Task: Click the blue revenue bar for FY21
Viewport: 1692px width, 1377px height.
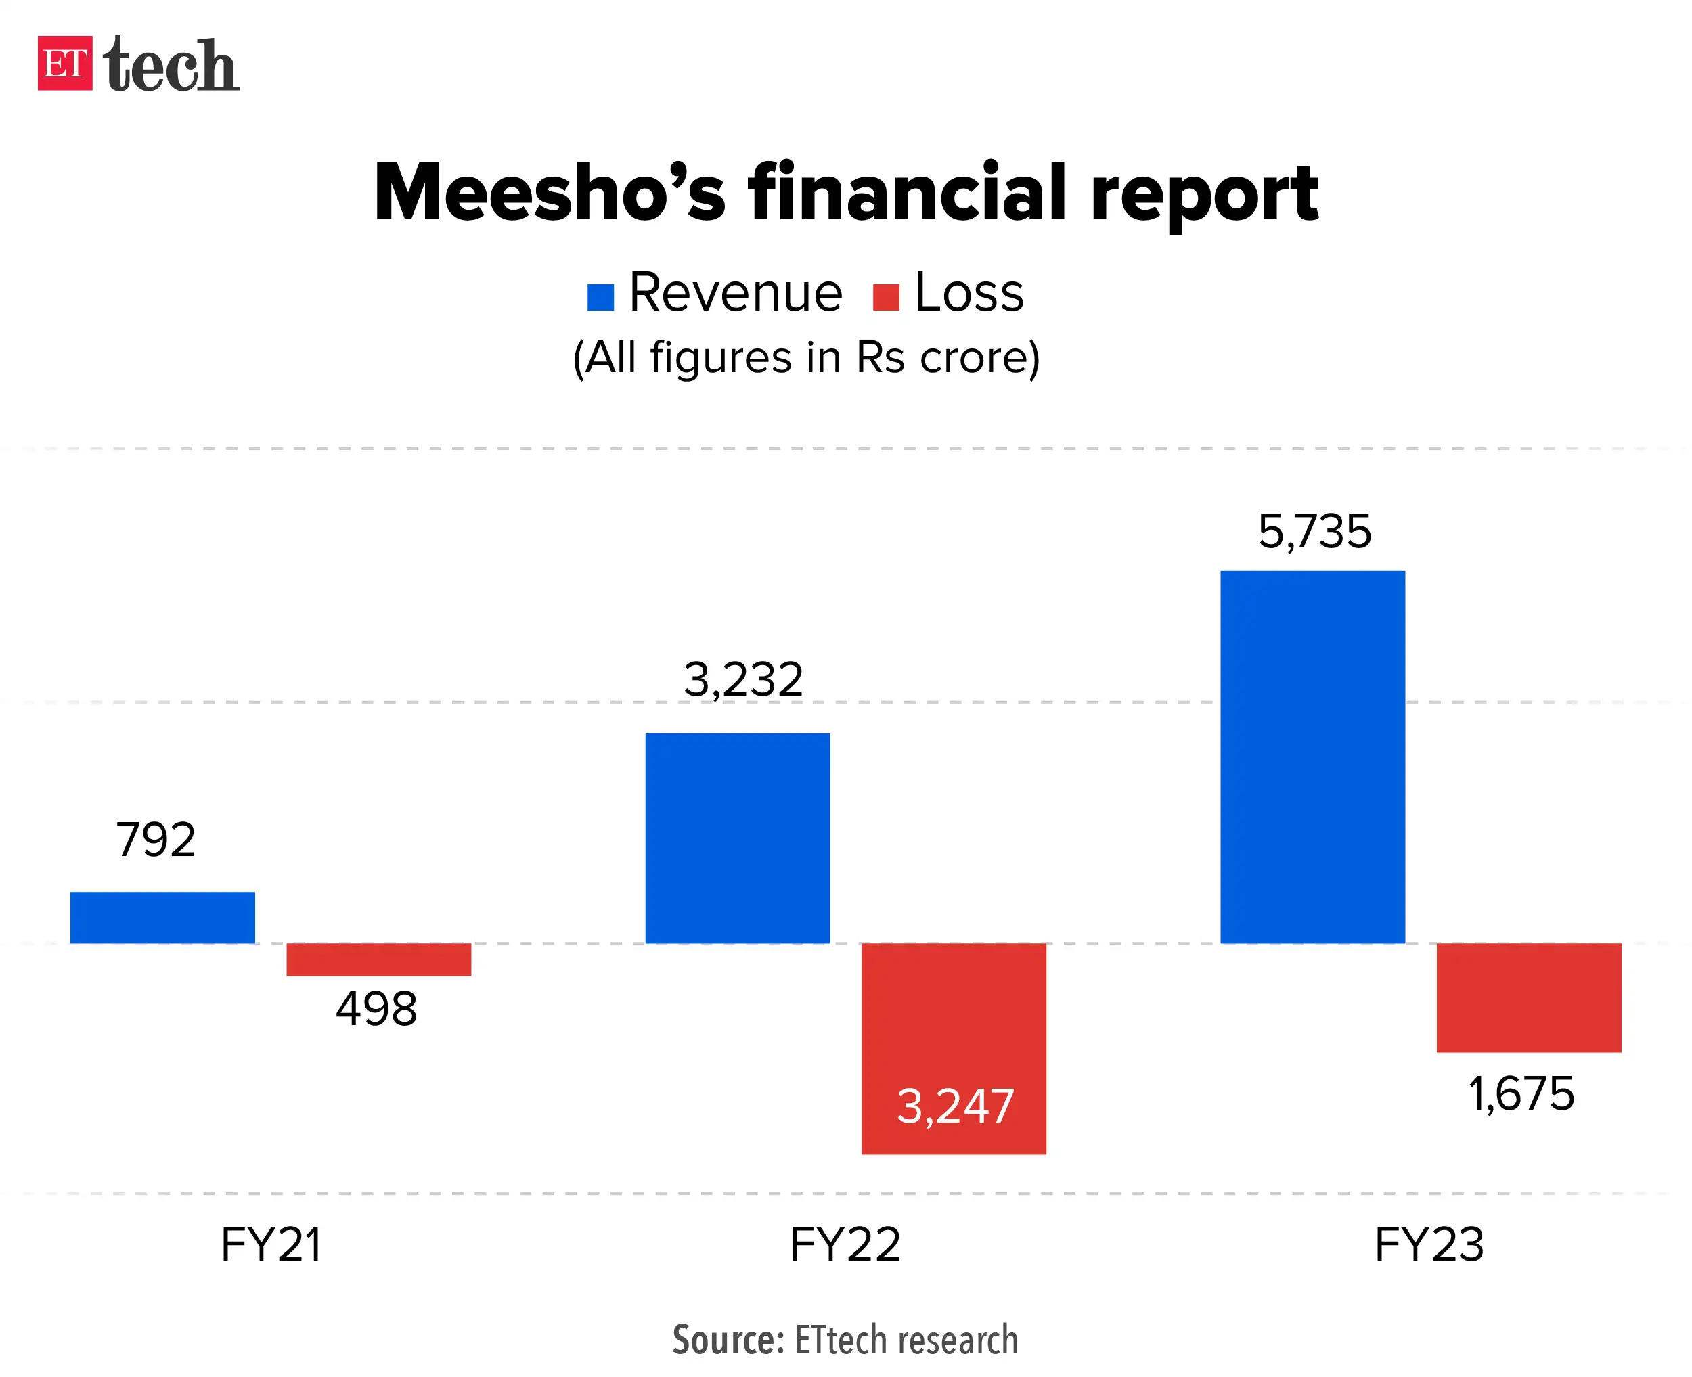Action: [162, 917]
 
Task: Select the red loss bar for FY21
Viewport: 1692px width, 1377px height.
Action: [378, 959]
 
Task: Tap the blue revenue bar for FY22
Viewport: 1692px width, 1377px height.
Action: [738, 838]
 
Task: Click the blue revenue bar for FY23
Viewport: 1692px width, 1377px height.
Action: [1312, 757]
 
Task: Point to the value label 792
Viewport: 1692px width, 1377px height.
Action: [156, 839]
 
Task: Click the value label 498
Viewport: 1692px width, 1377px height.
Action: [376, 1009]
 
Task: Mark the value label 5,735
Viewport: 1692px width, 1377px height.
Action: [1314, 531]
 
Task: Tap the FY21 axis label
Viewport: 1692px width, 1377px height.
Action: [271, 1244]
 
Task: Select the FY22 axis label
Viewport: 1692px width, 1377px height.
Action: [845, 1244]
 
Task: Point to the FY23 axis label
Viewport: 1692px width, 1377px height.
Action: [1428, 1244]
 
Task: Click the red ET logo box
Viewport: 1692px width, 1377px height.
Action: [65, 64]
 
